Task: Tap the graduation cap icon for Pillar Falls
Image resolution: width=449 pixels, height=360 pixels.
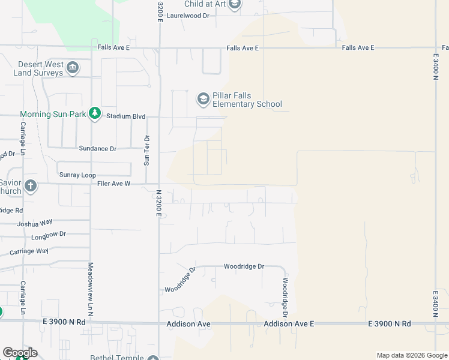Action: (x=203, y=98)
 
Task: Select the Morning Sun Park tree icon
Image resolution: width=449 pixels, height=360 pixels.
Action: (x=94, y=113)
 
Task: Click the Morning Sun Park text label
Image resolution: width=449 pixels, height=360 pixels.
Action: (x=52, y=114)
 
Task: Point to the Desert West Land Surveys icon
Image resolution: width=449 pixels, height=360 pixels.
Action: (x=73, y=67)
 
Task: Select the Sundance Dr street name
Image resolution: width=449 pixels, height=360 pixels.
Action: (x=97, y=148)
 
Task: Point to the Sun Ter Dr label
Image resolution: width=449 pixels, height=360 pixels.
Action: (x=146, y=150)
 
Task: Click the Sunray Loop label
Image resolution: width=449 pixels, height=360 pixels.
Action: (x=77, y=175)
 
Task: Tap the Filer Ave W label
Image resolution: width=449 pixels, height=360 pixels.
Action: (x=113, y=184)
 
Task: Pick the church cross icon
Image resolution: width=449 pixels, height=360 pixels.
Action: (x=31, y=187)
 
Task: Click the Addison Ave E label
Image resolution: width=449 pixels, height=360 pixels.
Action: (x=289, y=324)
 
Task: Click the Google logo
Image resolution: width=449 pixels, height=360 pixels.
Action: (x=19, y=353)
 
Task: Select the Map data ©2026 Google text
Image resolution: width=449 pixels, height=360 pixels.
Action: (x=411, y=355)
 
